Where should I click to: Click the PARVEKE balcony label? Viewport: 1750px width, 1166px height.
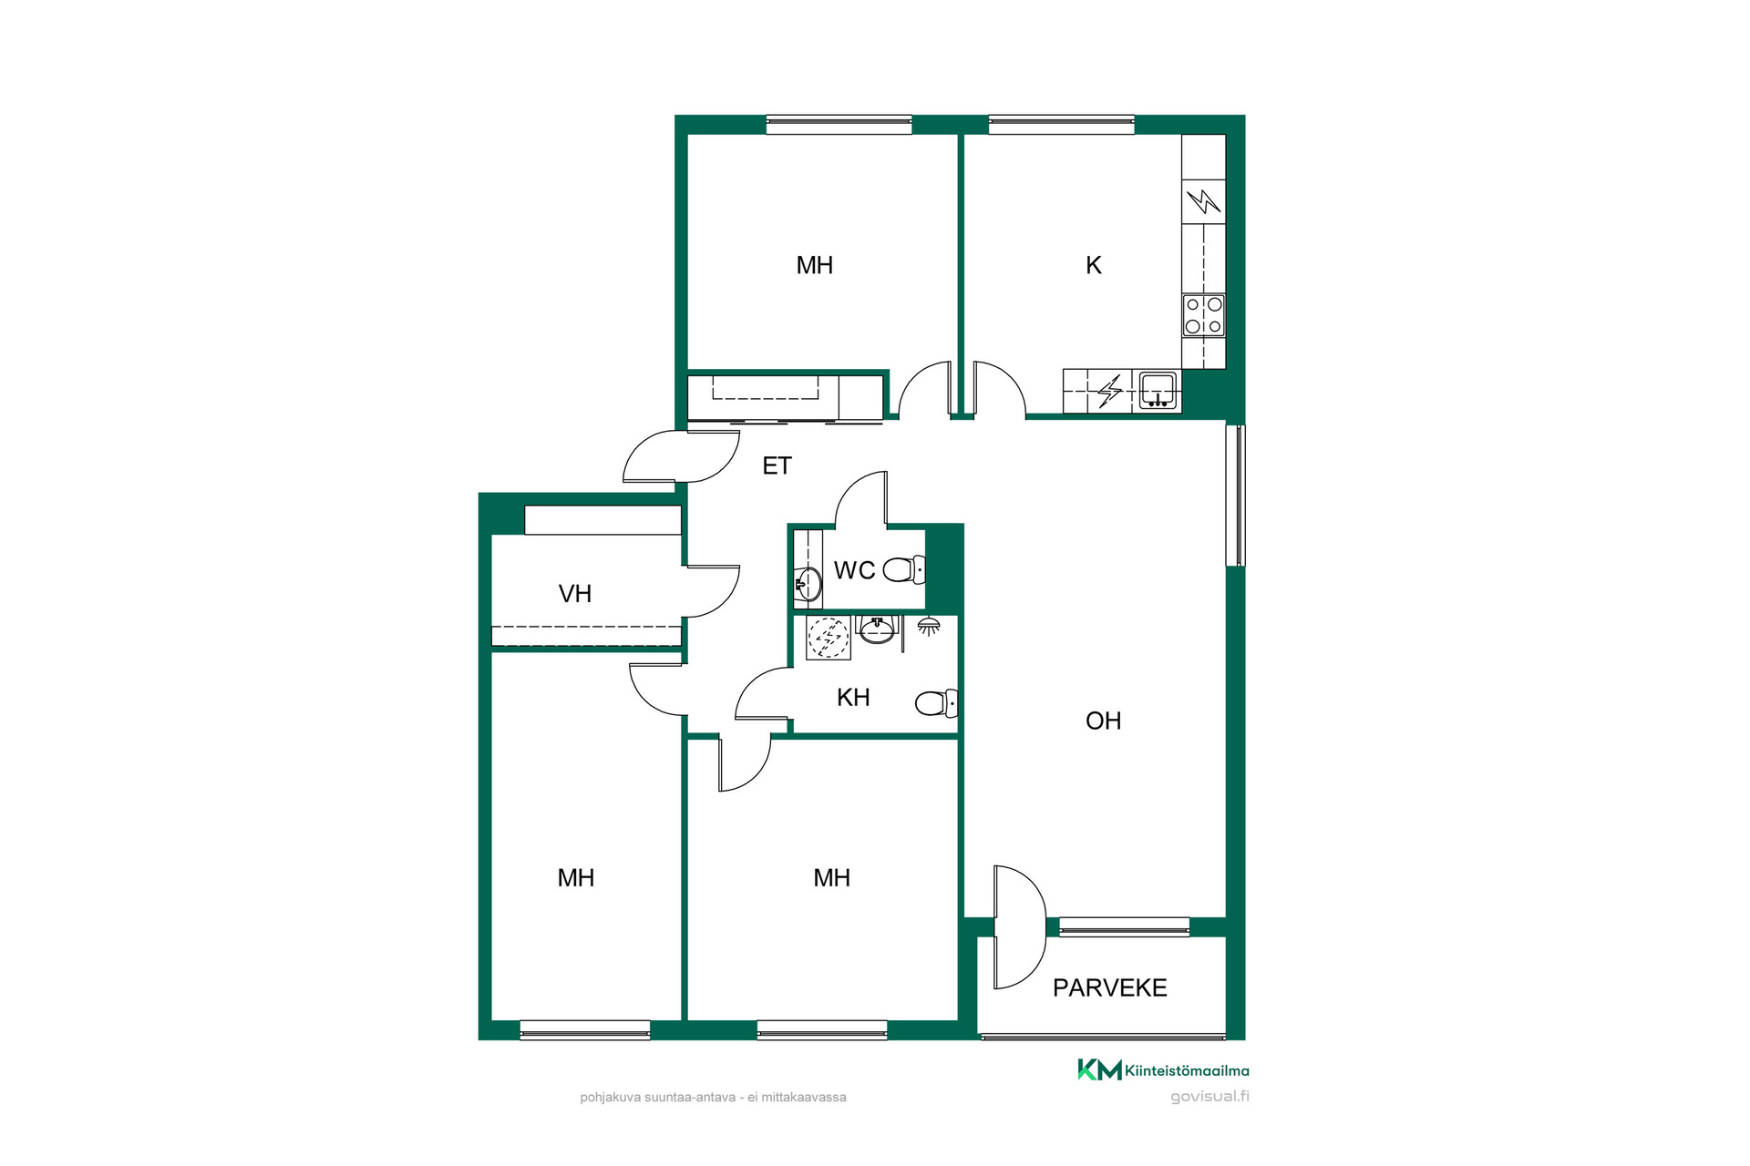pos(1109,987)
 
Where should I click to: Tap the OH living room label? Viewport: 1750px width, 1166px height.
pos(1103,721)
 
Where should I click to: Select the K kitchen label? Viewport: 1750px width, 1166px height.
pos(1094,265)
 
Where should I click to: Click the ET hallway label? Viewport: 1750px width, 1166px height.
pos(777,465)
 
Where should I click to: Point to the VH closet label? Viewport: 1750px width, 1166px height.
pos(574,594)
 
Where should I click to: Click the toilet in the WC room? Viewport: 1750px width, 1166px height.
pos(904,570)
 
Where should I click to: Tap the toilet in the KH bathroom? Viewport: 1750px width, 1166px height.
pos(936,703)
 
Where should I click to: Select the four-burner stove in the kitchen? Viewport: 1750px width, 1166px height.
pos(1203,315)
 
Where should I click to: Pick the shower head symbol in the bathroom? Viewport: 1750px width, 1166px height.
pos(929,626)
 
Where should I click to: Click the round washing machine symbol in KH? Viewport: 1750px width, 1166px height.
pos(829,638)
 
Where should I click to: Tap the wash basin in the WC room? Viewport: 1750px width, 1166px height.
pos(807,584)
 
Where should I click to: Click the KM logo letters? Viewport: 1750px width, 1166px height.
pos(1099,1069)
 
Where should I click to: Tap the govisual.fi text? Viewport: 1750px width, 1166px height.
pos(1210,1097)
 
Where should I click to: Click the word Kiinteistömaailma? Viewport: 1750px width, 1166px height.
pos(1187,1070)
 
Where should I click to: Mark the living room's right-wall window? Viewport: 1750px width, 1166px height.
pos(1235,496)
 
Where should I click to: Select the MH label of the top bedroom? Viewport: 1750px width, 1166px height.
pos(814,265)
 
